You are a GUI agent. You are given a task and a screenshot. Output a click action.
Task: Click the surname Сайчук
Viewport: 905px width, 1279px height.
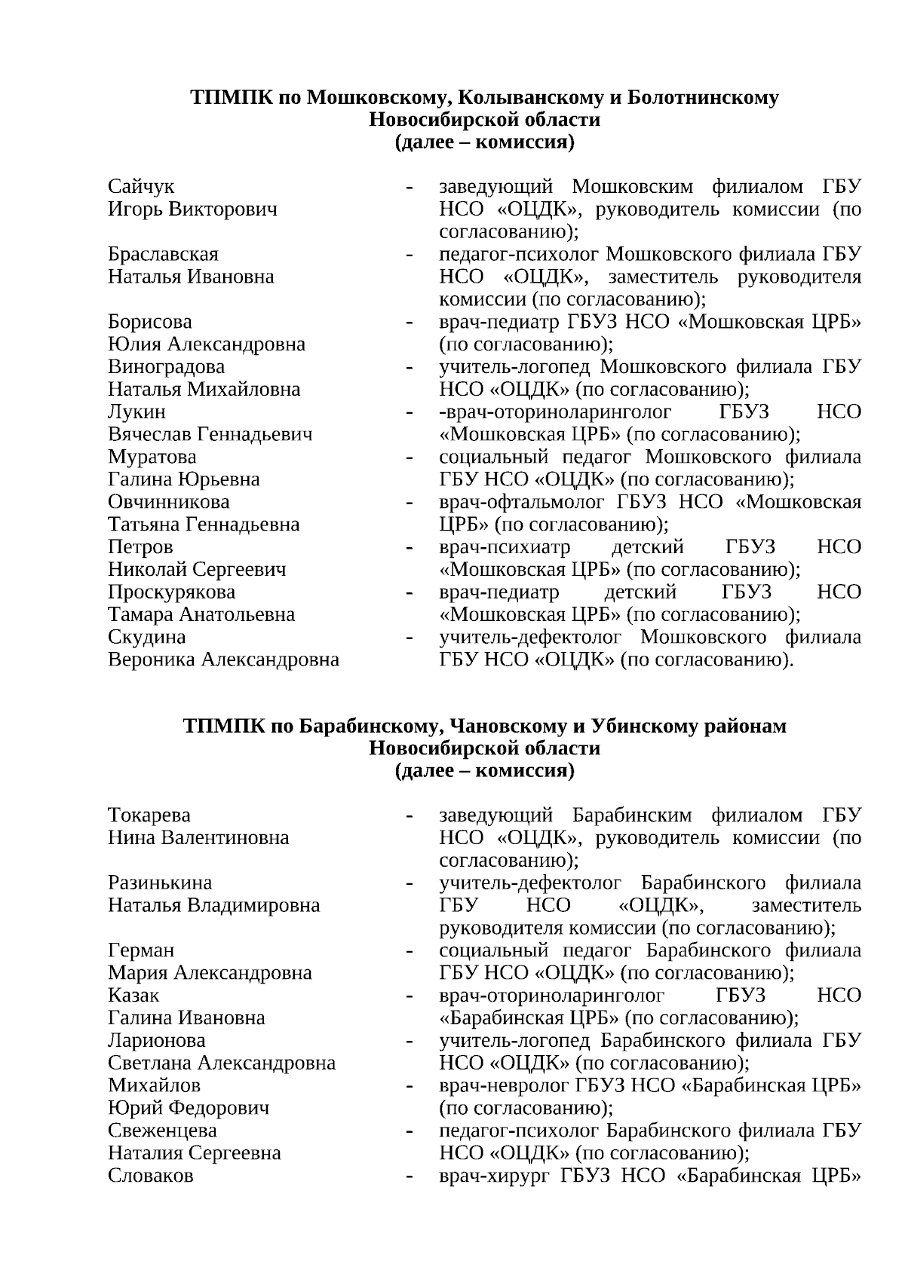click(x=141, y=186)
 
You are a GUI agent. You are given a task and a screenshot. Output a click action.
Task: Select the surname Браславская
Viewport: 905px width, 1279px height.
click(x=163, y=254)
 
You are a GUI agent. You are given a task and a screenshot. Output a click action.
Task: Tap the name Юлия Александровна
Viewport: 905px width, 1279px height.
click(x=207, y=344)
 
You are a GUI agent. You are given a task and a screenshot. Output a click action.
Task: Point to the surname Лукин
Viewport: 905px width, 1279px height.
click(x=137, y=412)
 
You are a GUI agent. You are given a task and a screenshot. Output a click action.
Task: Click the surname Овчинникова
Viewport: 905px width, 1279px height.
click(x=169, y=502)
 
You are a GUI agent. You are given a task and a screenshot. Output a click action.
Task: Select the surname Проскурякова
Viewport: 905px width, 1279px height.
click(x=171, y=592)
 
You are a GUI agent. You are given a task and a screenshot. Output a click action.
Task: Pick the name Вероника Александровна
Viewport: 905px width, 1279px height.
click(x=223, y=660)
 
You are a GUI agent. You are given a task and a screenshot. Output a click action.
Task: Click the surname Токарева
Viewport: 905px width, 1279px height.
click(x=149, y=815)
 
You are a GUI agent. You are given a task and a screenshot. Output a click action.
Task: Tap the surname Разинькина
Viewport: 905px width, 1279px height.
click(x=160, y=883)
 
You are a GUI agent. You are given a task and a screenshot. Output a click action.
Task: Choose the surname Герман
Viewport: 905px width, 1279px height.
click(x=141, y=950)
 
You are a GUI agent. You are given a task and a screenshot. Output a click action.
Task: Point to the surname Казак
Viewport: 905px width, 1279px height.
click(x=133, y=996)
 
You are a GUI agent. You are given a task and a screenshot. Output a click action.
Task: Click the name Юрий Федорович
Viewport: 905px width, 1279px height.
click(x=189, y=1108)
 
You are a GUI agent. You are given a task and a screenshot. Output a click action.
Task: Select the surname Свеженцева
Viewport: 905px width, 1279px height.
click(x=162, y=1131)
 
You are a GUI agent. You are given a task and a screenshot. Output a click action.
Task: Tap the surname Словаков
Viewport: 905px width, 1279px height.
click(x=151, y=1176)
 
